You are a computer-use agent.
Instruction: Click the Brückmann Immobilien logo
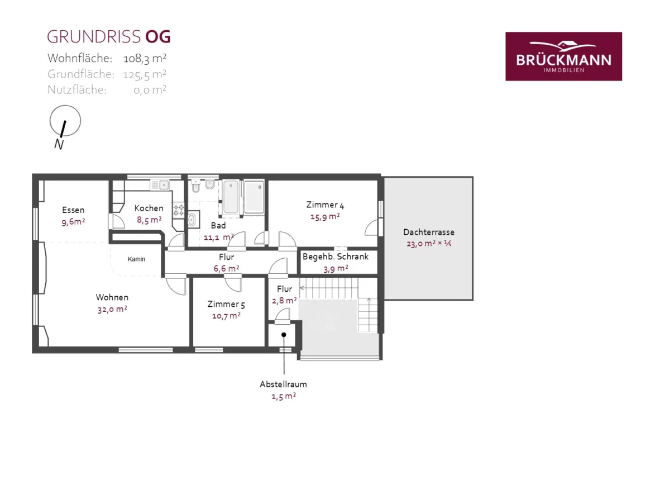(563, 56)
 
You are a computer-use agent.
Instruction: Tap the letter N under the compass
(59, 144)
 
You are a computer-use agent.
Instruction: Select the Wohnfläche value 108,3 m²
(145, 58)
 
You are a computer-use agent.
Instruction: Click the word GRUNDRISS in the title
(94, 37)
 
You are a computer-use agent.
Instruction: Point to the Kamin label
(136, 259)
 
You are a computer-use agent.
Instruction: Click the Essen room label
(73, 210)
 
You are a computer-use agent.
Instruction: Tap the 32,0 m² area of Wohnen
(112, 310)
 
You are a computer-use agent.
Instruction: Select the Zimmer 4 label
(325, 205)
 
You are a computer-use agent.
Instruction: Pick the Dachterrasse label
(429, 232)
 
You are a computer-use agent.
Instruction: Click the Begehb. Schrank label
(336, 257)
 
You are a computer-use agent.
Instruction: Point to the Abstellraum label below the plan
(283, 384)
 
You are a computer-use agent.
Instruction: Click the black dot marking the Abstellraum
(284, 335)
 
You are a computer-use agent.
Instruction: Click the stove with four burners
(179, 210)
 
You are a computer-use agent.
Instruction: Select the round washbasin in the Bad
(192, 219)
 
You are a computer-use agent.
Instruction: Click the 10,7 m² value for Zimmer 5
(226, 316)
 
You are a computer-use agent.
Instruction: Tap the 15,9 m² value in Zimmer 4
(325, 217)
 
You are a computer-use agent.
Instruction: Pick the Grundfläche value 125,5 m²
(145, 74)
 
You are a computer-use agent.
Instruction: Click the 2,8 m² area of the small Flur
(285, 301)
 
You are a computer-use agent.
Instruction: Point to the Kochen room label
(149, 208)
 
